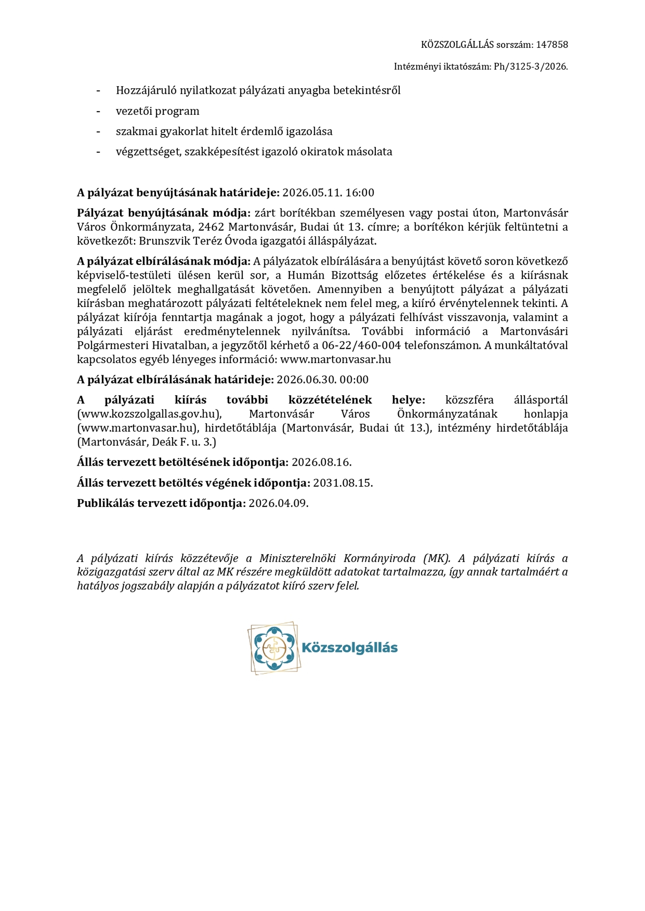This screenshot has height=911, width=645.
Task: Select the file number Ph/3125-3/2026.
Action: [531, 67]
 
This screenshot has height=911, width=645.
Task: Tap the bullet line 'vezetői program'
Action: [157, 111]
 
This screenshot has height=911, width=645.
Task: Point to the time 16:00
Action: [360, 193]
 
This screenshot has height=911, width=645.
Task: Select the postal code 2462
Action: [211, 227]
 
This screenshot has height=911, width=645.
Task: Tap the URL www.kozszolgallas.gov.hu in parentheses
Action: [150, 414]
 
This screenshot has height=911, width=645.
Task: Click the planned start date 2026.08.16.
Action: [321, 462]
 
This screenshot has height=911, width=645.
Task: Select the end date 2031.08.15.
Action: [343, 483]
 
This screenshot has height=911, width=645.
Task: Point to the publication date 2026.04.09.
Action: [278, 503]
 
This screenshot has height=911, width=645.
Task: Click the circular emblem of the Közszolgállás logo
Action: [274, 648]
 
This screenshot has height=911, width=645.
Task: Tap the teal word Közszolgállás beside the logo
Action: [350, 648]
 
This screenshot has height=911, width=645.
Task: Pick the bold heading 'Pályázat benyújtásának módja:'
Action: [164, 213]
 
